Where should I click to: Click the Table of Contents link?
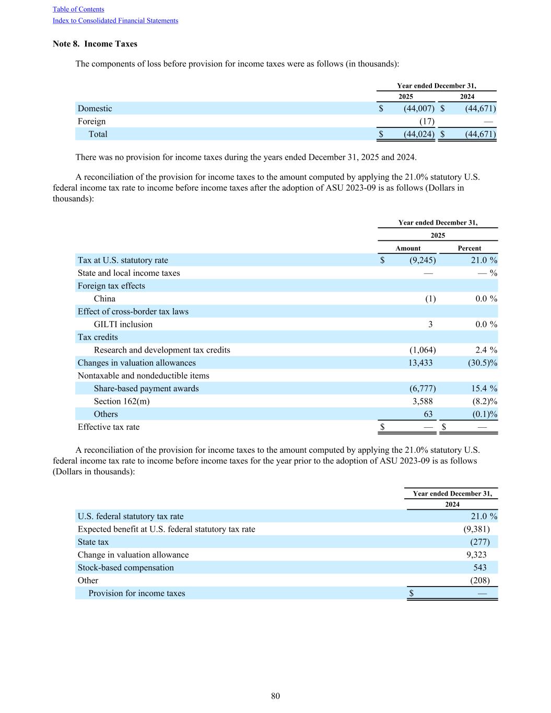point(78,9)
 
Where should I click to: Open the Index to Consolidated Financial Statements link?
point(115,21)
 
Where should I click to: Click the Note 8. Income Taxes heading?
point(95,44)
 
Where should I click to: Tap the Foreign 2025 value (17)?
point(427,121)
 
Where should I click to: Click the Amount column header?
point(408,248)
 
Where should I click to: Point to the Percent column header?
point(470,248)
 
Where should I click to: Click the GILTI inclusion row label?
point(123,324)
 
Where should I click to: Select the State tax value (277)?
point(480,542)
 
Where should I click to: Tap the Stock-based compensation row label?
point(126,568)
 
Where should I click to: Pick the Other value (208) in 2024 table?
point(480,580)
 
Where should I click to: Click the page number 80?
point(276,696)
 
